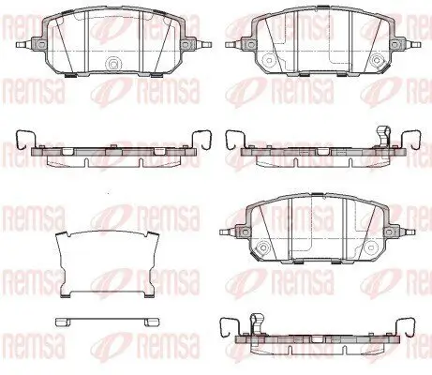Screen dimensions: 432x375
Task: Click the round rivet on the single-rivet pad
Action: pos(113,65)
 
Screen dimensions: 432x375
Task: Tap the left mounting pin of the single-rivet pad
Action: pos(23,44)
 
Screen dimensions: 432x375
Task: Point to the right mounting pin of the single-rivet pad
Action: pos(204,44)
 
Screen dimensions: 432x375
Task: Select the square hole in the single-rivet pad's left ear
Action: pos(41,44)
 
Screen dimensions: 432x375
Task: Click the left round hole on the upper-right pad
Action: pos(268,60)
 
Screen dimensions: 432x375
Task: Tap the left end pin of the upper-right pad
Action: pos(232,44)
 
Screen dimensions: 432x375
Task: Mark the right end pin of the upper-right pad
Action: pos(413,44)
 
